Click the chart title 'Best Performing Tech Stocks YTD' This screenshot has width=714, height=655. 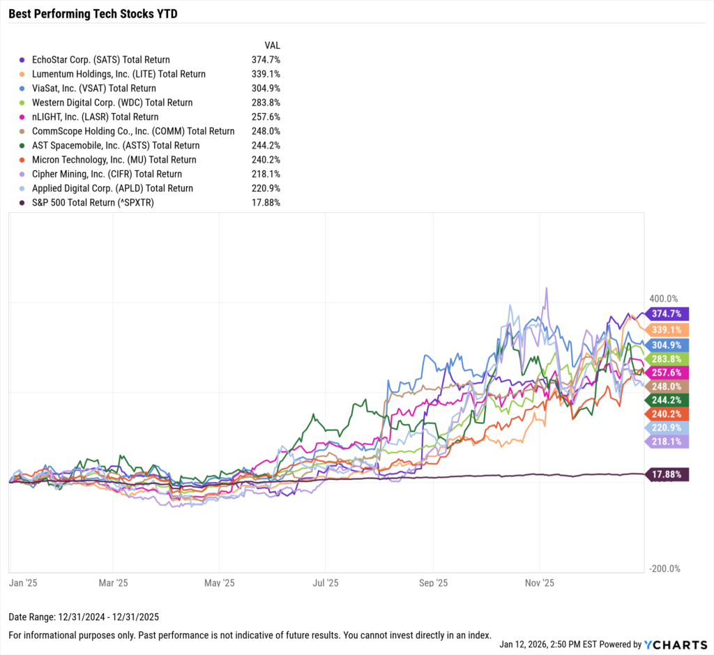pos(93,13)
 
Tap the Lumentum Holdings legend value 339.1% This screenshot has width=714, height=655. pos(266,74)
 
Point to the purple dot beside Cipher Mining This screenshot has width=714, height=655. pos(24,174)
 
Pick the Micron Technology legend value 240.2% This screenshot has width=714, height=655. pos(266,160)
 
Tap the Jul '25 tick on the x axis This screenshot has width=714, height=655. pos(326,582)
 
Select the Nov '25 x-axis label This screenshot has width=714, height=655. pos(538,582)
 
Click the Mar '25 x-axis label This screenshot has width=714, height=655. pos(113,582)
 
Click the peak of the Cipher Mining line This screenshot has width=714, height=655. pos(546,287)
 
